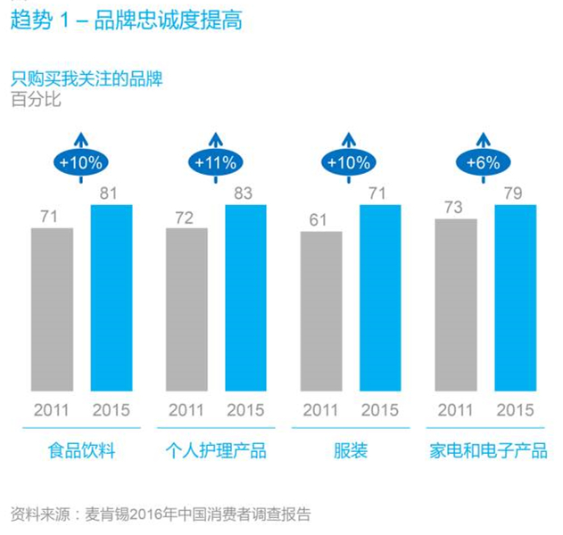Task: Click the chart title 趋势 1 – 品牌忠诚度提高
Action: point(125,19)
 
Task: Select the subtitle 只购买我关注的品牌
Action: point(87,79)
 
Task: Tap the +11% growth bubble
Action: point(215,163)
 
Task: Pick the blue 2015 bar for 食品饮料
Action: point(112,298)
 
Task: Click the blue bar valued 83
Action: point(246,298)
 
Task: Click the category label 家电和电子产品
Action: point(486,450)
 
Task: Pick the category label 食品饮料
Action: point(81,450)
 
